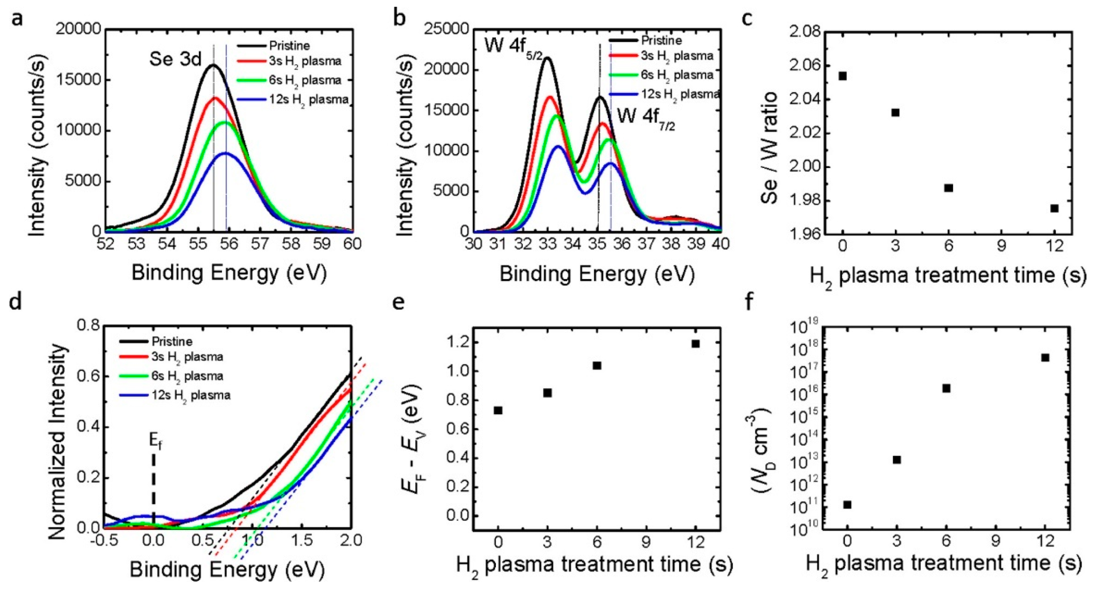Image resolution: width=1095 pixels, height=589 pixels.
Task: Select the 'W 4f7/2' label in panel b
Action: coord(646,117)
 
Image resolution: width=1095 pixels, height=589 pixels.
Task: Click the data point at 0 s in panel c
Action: coord(842,76)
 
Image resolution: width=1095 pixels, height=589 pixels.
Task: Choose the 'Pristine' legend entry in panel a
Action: coord(289,45)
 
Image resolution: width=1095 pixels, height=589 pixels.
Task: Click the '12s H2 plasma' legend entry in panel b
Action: coord(680,94)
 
